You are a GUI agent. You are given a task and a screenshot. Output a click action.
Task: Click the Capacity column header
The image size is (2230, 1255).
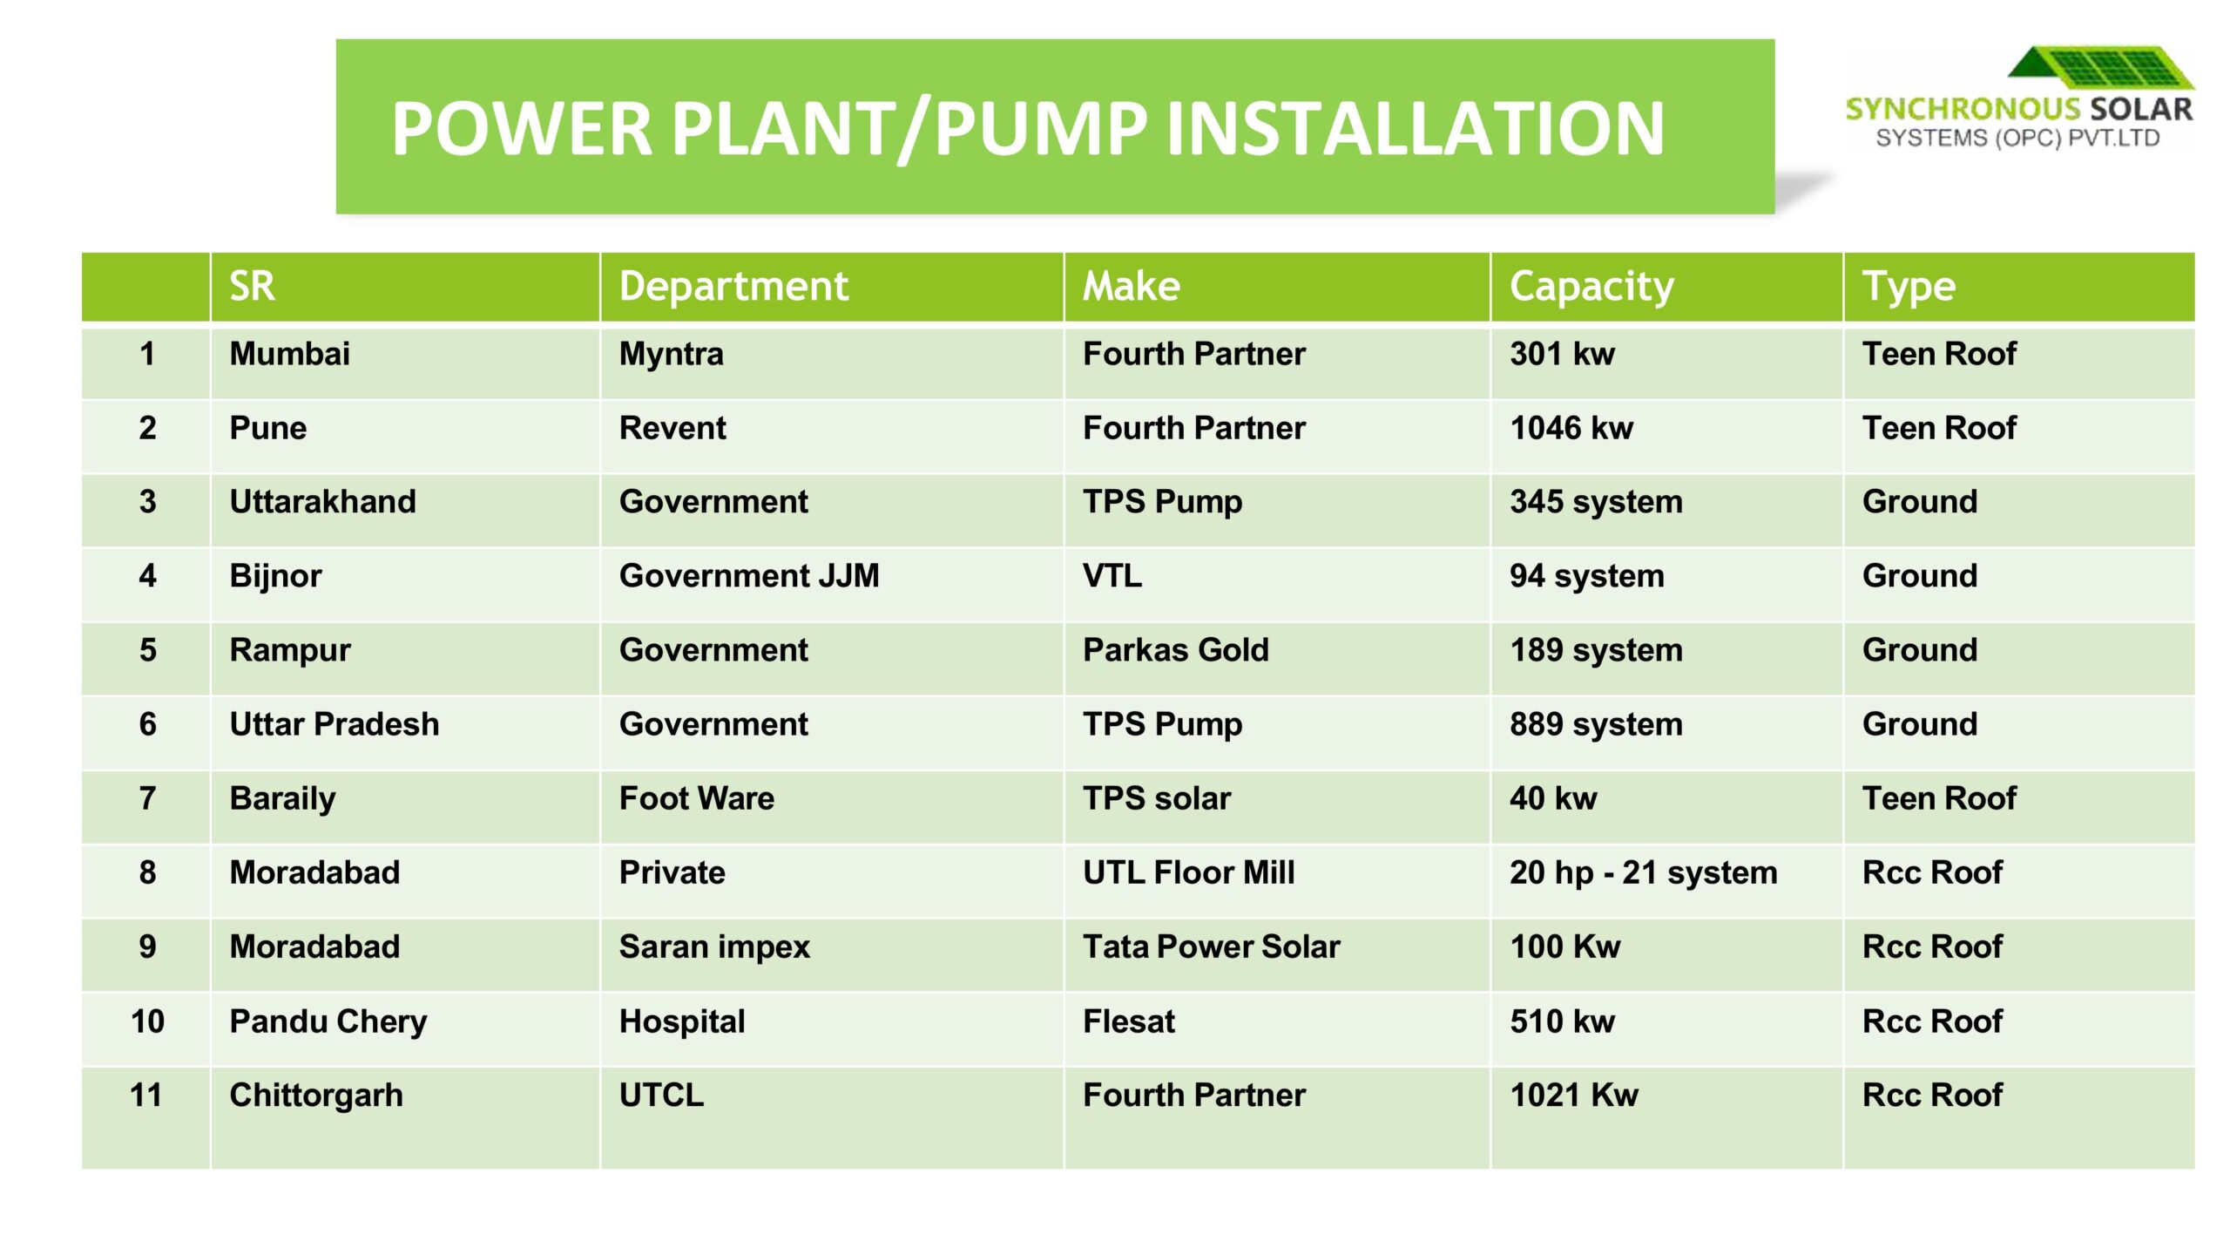pos(1591,287)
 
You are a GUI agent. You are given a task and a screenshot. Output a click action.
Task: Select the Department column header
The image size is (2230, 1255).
pos(733,286)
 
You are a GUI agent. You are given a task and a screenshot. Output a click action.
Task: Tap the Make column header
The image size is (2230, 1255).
pos(1131,286)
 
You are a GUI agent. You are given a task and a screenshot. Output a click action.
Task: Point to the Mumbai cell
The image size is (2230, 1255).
pos(289,354)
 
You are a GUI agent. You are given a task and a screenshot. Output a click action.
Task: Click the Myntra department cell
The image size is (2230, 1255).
pos(671,355)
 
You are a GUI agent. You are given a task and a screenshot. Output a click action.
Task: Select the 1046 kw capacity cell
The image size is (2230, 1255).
pos(1571,428)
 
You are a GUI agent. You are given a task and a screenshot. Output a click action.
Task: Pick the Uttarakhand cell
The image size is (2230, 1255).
pos(322,502)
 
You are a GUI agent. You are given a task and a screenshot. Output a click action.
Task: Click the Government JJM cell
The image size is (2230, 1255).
pos(749,576)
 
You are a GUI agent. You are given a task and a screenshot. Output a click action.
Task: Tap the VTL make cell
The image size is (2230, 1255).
pos(1112,576)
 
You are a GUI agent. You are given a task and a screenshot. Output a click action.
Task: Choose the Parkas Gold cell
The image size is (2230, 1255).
pos(1175,650)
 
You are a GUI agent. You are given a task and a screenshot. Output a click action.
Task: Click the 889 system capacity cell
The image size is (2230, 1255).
pos(1596,724)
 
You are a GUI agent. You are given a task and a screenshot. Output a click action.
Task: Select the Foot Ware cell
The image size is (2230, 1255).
pos(696,798)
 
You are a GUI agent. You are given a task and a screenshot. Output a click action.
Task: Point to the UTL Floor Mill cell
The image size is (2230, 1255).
pos(1188,872)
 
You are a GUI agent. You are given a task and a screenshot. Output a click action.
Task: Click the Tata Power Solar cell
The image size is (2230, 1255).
pos(1211,946)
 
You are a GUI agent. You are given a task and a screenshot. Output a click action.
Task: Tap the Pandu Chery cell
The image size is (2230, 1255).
pos(328,1021)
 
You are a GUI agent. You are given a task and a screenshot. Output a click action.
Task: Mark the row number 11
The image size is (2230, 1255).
pos(146,1096)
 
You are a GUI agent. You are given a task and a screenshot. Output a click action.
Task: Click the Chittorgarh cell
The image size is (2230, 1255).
pos(315,1096)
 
